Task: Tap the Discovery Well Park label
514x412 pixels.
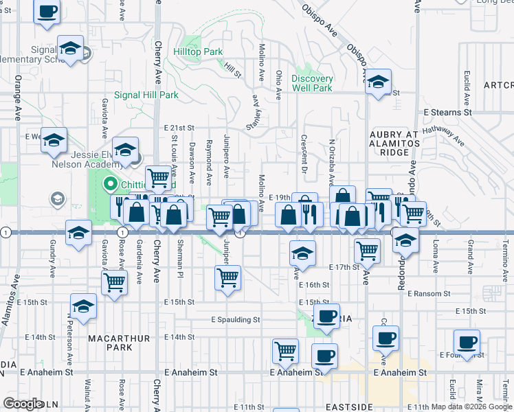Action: click(x=312, y=83)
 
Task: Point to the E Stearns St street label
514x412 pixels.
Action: click(x=447, y=111)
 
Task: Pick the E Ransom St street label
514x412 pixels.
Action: click(x=428, y=293)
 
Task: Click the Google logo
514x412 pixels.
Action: click(x=23, y=403)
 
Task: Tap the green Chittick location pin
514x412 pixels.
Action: click(x=109, y=184)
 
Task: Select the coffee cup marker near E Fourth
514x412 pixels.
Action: click(x=467, y=341)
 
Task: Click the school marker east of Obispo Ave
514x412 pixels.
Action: click(x=378, y=81)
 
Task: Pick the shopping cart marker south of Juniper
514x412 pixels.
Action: click(x=227, y=278)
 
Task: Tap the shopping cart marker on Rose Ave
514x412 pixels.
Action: click(x=114, y=282)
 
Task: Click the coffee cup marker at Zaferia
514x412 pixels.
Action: click(x=326, y=315)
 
